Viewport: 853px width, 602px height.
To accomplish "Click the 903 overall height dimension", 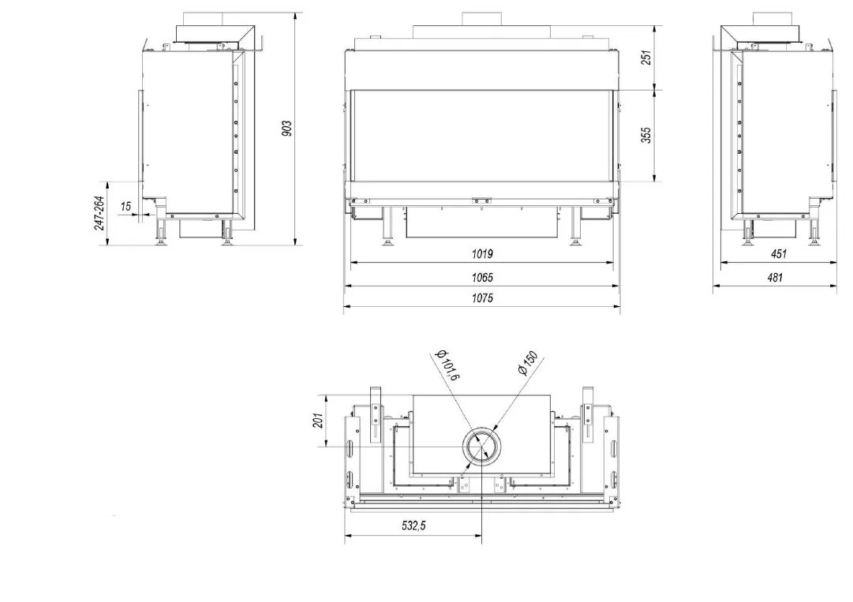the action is [x=287, y=129].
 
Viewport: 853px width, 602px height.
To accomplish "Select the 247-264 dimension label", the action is [x=100, y=213].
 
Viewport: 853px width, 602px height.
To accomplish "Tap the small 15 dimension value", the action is [x=125, y=206].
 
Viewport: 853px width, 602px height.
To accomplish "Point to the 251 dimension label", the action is [x=645, y=58].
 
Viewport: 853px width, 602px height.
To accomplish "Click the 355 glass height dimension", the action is [x=645, y=135].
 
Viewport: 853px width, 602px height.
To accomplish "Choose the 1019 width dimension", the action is [x=482, y=253].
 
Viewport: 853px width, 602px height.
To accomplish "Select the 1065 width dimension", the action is [x=482, y=278].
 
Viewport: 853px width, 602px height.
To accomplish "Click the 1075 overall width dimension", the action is [x=482, y=298].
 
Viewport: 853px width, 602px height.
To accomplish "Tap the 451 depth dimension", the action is [x=779, y=253].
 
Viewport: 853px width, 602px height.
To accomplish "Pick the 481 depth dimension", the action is [x=775, y=278].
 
